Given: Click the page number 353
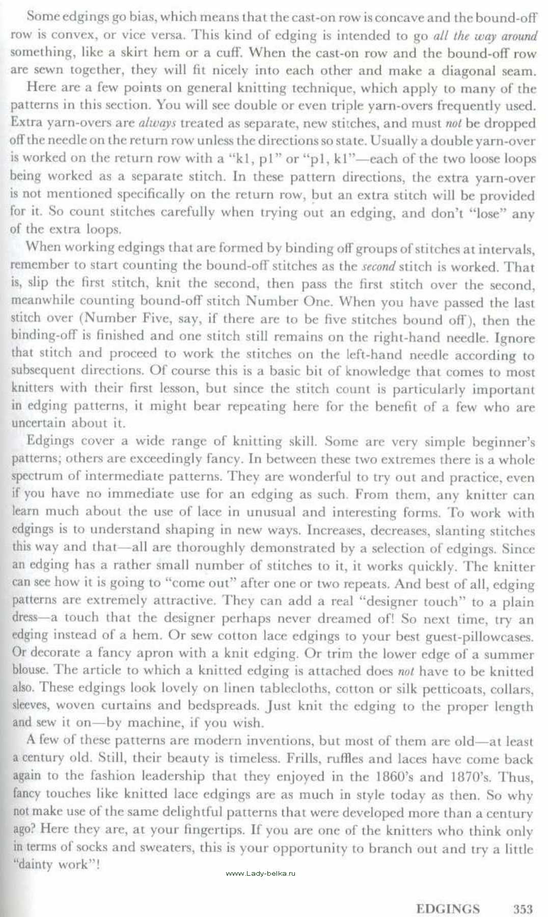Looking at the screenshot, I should point(523,909).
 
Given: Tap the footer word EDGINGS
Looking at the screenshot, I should point(448,909).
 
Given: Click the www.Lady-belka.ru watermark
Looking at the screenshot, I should point(260,873).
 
